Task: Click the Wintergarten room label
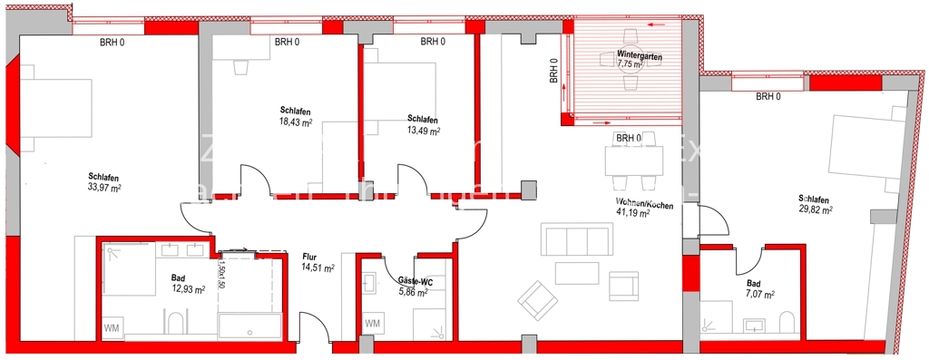tap(641, 55)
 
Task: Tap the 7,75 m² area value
tap(630, 65)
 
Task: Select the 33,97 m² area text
tap(103, 188)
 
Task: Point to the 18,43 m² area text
tap(296, 121)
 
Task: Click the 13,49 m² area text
tap(424, 131)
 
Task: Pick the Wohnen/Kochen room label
tap(643, 202)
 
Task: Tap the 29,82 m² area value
tap(816, 209)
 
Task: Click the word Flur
tap(310, 257)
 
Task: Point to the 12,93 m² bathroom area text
tap(188, 289)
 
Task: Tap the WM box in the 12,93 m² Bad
tap(112, 326)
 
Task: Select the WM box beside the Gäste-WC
tap(373, 324)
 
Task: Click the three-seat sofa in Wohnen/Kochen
tap(574, 240)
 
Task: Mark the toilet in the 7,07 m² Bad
tap(787, 321)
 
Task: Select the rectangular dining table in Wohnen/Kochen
tap(636, 162)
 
